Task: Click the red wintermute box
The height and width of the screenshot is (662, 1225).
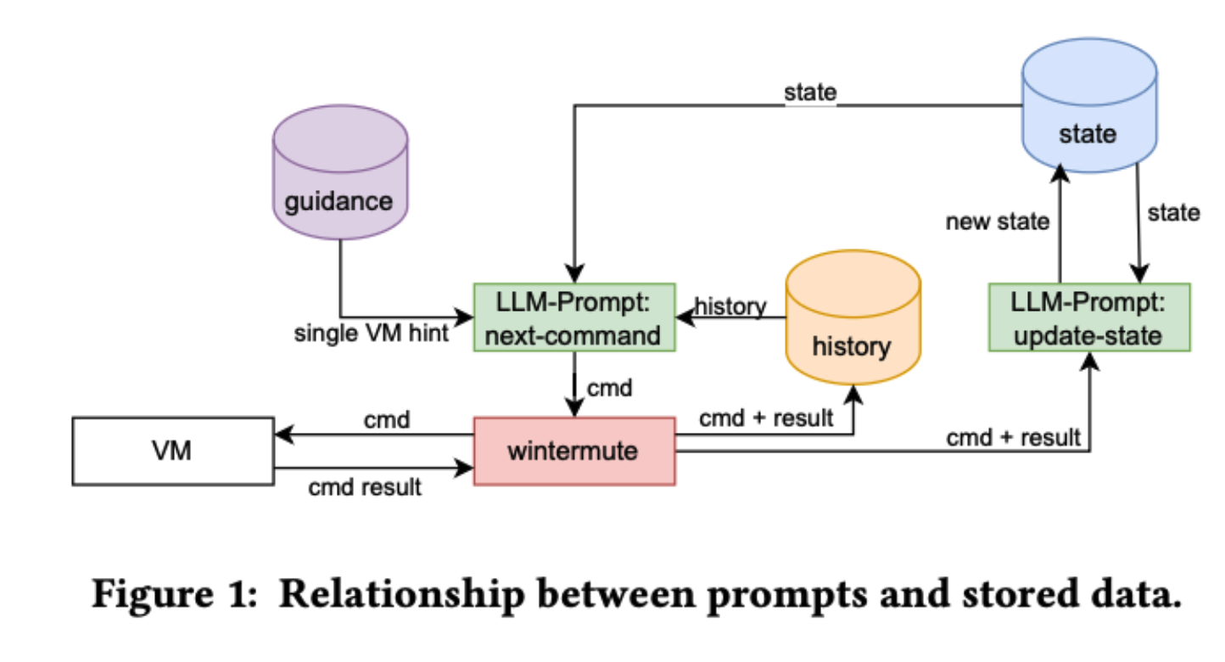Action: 574,451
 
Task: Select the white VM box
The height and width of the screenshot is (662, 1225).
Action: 173,451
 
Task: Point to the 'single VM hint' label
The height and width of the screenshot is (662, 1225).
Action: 372,334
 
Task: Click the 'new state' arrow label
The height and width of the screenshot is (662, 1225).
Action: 998,222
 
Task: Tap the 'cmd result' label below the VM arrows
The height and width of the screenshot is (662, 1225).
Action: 365,487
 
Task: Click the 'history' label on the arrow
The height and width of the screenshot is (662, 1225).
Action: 730,306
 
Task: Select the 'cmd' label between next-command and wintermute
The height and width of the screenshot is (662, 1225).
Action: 610,389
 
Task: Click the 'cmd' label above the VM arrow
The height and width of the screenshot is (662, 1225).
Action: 388,421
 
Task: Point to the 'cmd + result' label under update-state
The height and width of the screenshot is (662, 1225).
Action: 1013,438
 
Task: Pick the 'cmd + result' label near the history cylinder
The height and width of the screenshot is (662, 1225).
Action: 765,419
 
